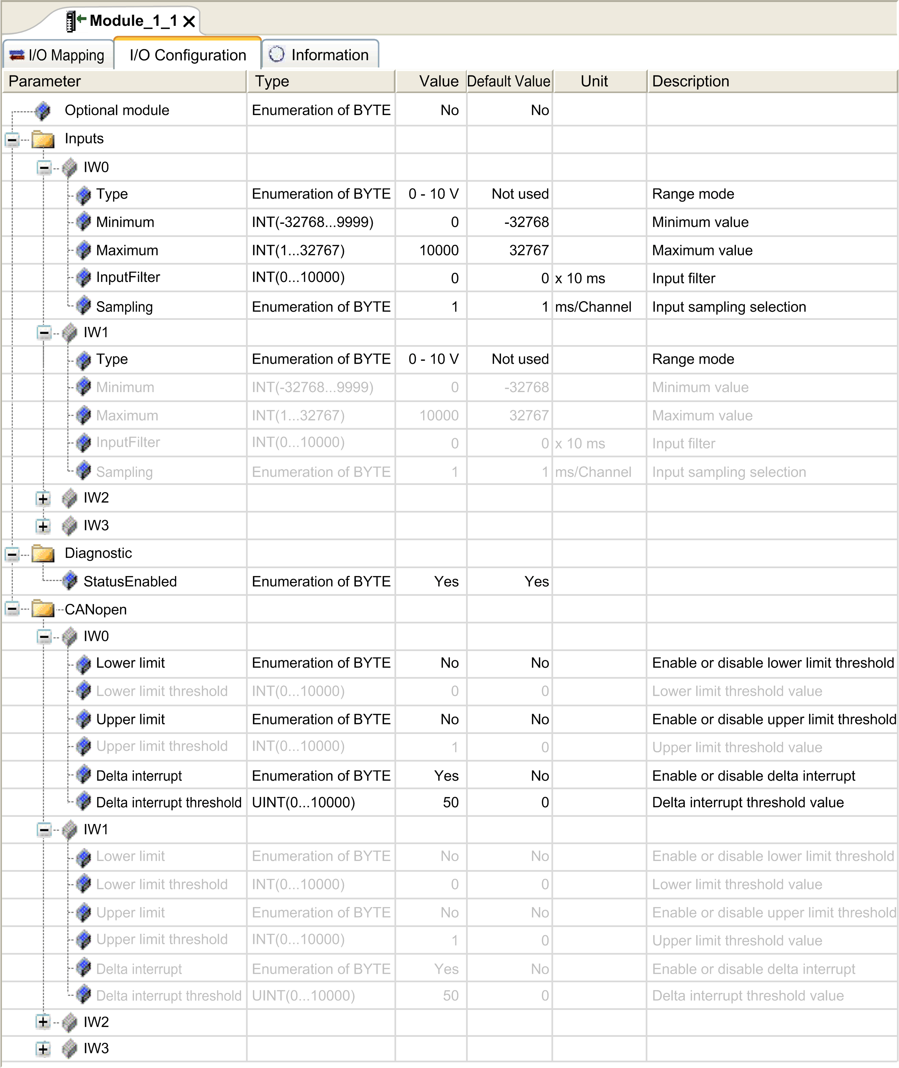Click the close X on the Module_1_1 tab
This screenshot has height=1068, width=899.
tap(189, 21)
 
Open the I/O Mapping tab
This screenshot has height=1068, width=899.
tap(58, 55)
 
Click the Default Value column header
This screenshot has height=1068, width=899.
tap(508, 81)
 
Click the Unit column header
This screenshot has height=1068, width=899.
tap(594, 81)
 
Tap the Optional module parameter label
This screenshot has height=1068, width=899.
tap(117, 111)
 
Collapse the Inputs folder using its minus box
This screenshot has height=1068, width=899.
tap(13, 139)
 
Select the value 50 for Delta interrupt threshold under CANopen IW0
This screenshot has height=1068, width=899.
tap(450, 803)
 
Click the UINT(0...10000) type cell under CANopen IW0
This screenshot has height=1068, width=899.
tap(303, 803)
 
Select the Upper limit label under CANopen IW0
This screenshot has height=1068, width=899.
tap(130, 719)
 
